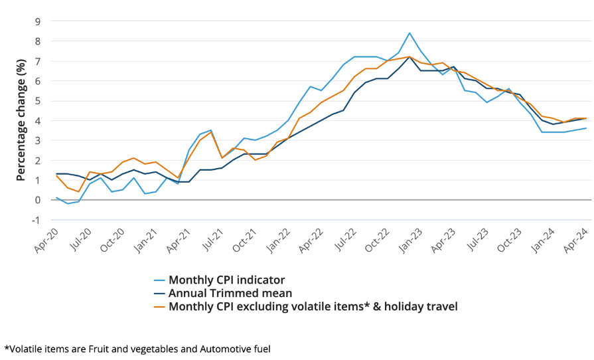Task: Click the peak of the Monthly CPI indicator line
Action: [x=409, y=33]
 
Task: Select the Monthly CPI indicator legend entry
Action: [x=226, y=280]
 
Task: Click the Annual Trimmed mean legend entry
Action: [x=230, y=293]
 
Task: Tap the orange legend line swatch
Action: [x=160, y=307]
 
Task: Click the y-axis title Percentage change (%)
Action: [x=21, y=120]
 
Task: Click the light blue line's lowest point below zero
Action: [x=67, y=203]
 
